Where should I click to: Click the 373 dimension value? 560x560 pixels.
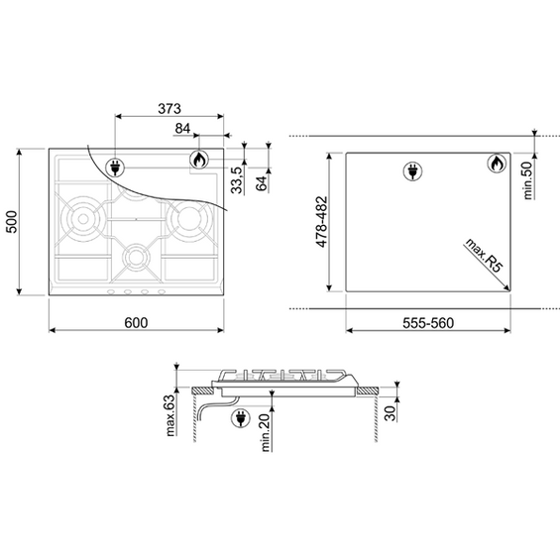[x=169, y=109]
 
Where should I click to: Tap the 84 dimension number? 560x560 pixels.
[x=182, y=129]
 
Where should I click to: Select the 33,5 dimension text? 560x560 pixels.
[x=237, y=180]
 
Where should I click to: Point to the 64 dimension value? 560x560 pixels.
[x=262, y=183]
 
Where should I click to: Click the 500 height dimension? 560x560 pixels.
[x=12, y=222]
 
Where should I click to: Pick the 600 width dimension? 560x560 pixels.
[x=136, y=323]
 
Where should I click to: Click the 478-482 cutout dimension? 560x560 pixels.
[x=322, y=222]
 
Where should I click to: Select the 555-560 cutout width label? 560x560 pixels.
[x=428, y=323]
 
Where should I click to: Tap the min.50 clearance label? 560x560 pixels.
[x=527, y=179]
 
